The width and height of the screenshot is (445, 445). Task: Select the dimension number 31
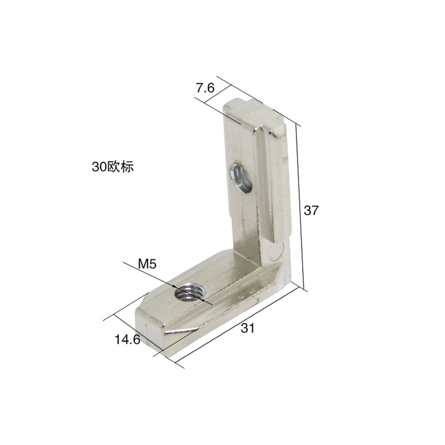247,328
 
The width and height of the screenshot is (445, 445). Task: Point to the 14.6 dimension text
127,340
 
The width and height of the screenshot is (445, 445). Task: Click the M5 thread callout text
147,264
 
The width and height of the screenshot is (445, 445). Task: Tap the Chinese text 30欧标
113,167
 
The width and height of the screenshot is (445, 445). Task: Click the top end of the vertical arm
254,111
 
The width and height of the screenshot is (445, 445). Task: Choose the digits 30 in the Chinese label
97,167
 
